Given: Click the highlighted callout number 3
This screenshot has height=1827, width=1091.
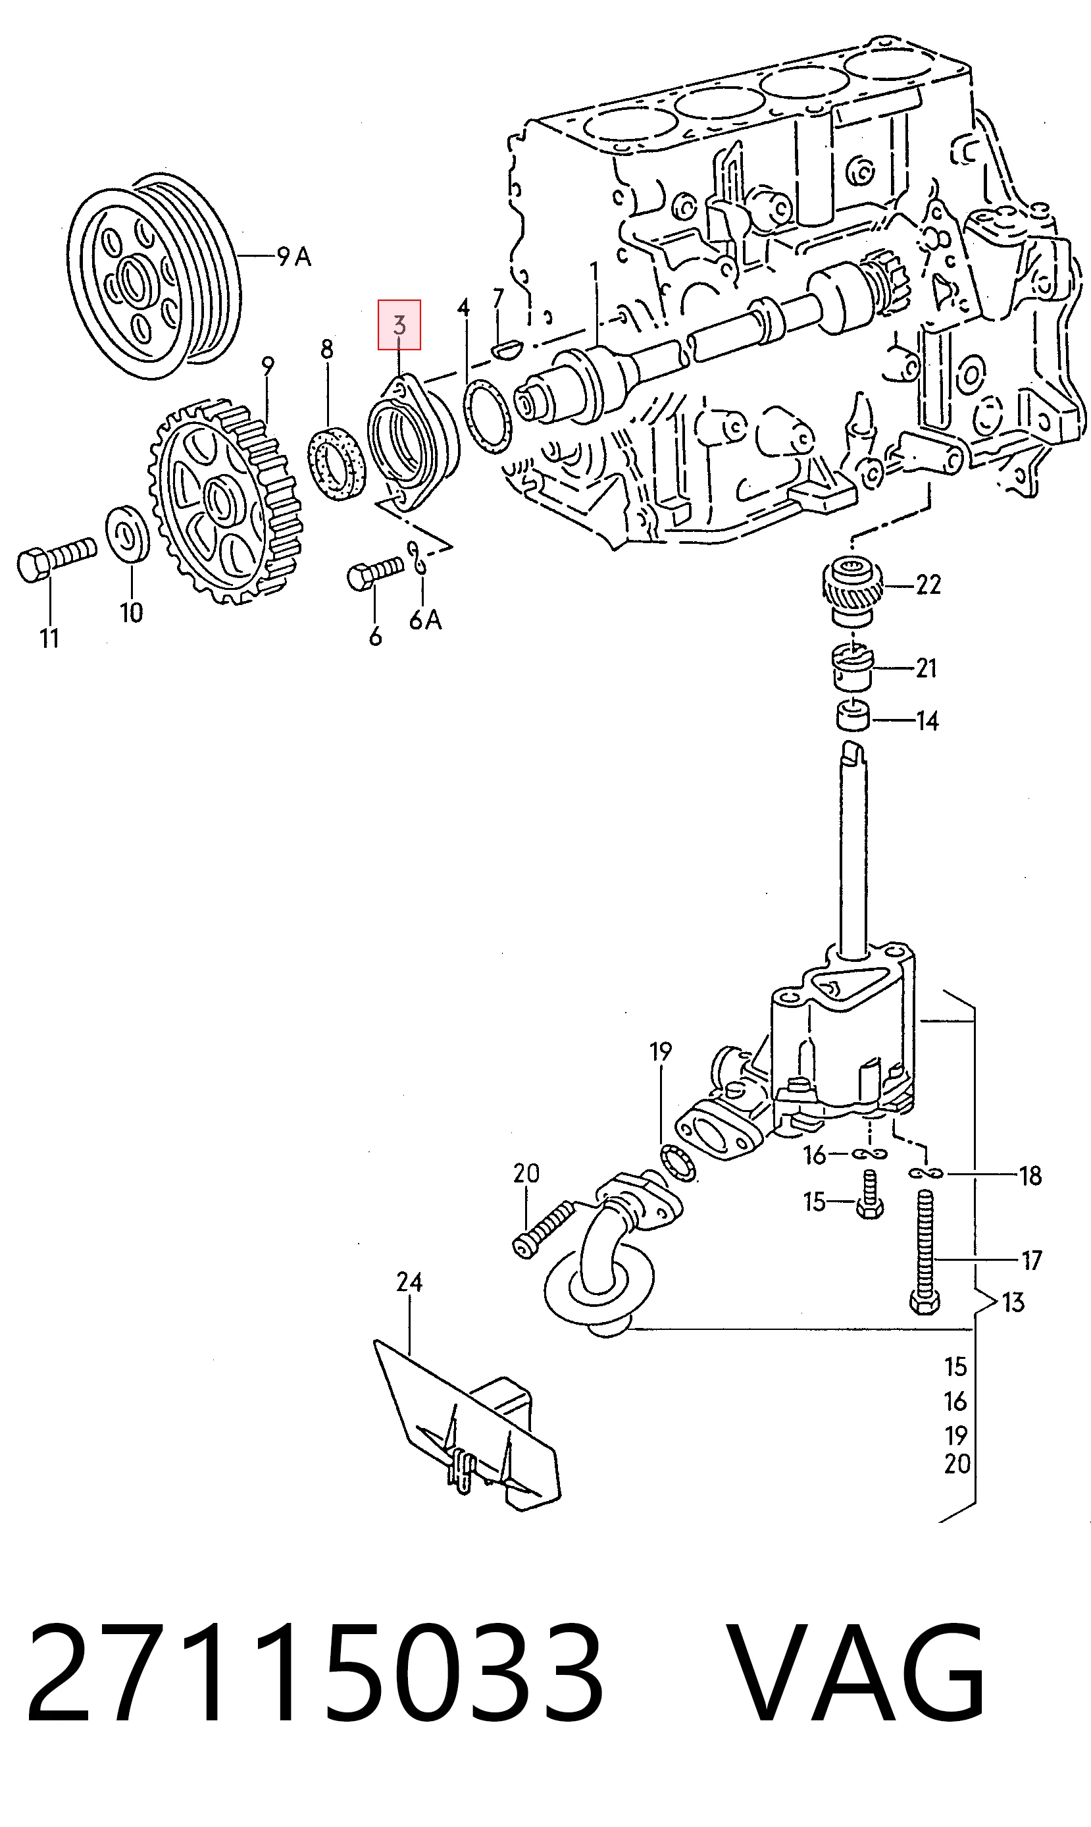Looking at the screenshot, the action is (x=399, y=325).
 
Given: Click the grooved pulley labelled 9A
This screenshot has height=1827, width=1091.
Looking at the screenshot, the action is (x=154, y=277).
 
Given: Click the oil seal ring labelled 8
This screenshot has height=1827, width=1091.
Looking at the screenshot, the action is (x=336, y=461).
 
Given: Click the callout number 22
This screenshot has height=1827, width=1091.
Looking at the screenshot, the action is (x=928, y=585).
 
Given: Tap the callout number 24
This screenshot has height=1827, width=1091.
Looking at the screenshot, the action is (x=409, y=1283).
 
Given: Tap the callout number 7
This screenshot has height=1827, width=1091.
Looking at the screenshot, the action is (x=498, y=299).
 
